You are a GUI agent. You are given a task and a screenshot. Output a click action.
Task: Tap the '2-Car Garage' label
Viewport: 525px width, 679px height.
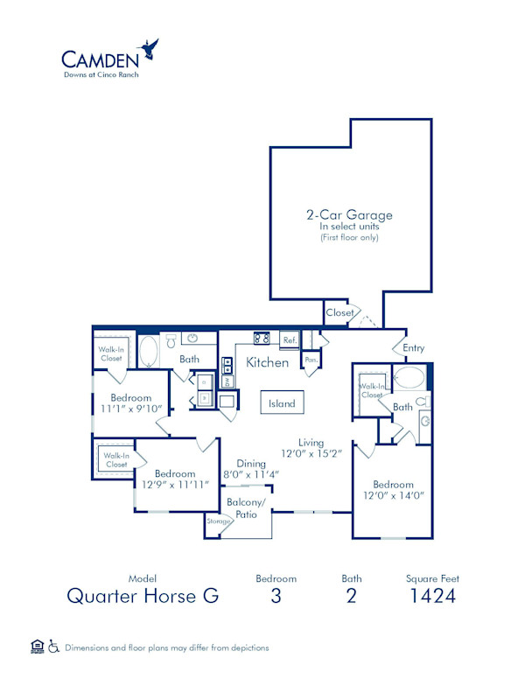[348, 214]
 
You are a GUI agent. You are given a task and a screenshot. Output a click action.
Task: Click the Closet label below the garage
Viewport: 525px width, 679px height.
[339, 312]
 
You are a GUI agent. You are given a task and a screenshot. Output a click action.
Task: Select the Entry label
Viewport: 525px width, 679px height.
[413, 347]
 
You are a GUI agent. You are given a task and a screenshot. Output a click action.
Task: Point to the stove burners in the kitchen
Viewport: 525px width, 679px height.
[262, 338]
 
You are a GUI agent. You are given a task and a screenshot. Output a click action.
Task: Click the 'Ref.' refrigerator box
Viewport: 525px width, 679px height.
[289, 339]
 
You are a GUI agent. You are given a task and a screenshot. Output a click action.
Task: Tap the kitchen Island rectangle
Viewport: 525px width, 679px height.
[282, 403]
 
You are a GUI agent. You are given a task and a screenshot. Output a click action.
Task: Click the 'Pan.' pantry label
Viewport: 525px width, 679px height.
[310, 359]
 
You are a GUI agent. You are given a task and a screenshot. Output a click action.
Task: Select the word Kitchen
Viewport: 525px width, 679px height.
[267, 361]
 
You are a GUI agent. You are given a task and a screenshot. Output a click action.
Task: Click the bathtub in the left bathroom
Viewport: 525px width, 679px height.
[149, 351]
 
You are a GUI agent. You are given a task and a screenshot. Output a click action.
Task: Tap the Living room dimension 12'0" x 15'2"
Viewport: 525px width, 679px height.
[311, 454]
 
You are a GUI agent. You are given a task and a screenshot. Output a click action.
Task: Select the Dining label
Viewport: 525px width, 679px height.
[252, 465]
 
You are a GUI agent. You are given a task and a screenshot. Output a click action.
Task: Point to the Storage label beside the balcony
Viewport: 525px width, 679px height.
[219, 521]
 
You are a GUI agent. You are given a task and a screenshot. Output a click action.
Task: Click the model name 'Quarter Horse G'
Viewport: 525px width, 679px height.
[143, 597]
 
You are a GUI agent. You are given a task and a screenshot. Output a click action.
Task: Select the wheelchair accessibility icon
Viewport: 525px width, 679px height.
[53, 647]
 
